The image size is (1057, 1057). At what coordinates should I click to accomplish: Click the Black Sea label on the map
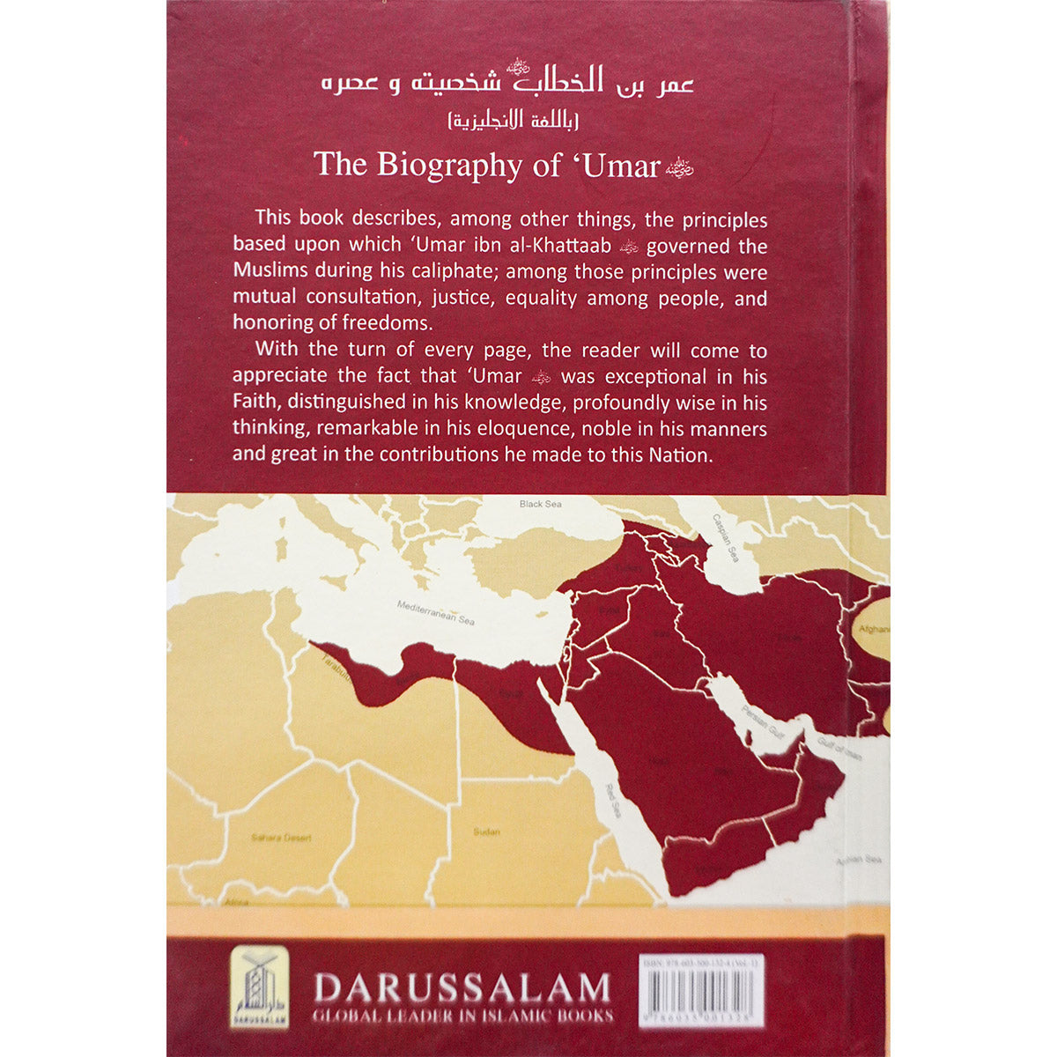click(x=540, y=504)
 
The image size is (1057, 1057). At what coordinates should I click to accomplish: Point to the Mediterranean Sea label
click(x=435, y=614)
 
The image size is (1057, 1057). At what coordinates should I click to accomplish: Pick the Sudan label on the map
click(x=486, y=832)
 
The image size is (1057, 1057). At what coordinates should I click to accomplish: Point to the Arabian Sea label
click(x=860, y=861)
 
